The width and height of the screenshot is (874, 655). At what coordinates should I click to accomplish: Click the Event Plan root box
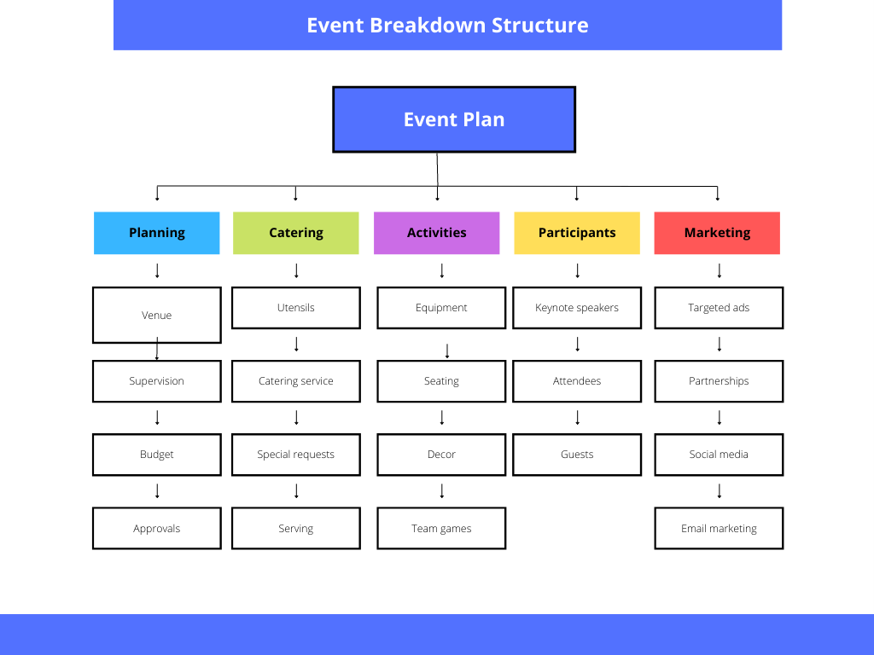[454, 119]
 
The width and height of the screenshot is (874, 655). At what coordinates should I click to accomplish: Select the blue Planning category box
[157, 233]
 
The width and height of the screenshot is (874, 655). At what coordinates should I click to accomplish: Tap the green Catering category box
[296, 233]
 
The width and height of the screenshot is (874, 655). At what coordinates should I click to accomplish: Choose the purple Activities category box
[436, 233]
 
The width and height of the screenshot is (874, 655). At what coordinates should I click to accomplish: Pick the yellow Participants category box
[577, 233]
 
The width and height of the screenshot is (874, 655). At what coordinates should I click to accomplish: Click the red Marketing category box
[717, 233]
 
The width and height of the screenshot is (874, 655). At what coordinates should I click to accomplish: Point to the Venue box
[157, 315]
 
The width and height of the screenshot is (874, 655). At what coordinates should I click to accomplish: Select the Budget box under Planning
[157, 455]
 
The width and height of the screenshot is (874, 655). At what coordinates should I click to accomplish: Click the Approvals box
[157, 528]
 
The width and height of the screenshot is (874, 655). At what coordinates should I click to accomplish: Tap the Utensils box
[296, 307]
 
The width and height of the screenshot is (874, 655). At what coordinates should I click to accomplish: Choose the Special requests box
[296, 455]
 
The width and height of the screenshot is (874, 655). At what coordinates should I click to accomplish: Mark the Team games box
[441, 528]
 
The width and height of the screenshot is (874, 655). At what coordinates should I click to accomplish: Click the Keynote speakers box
[577, 307]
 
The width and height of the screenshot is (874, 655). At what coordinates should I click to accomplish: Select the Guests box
[577, 455]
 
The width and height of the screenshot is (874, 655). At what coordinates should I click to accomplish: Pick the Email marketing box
[719, 528]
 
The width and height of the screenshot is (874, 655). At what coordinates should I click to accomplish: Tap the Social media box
[719, 455]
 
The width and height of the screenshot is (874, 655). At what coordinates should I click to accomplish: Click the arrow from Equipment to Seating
[447, 351]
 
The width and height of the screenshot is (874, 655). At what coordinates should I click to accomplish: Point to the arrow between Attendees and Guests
[578, 418]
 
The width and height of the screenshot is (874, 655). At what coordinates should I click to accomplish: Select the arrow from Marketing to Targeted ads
[720, 270]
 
